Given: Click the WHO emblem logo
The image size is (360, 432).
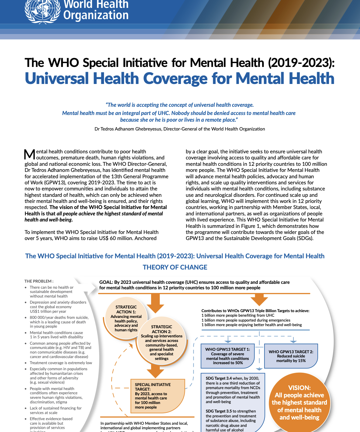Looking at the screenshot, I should coord(42,10).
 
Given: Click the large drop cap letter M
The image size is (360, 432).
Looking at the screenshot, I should coord(29,155).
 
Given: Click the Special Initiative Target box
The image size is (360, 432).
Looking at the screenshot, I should coord(157,396).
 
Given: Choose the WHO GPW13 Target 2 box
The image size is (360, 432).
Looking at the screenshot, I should coord(291,356).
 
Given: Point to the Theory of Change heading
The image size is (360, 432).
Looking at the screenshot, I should coord(175,267).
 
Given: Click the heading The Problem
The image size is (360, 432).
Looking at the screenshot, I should coord(39,281).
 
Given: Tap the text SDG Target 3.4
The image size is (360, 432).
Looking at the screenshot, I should coord(219,378).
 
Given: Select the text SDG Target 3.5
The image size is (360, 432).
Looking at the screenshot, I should coord(219,411).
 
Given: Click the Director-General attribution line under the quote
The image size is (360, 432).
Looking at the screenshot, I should coord(180,129).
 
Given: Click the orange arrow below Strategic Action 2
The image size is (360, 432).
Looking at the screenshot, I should coord(155,371).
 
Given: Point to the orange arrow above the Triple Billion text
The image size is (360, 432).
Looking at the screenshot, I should coord(259,300).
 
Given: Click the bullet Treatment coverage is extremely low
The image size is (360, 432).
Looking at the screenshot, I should coord(61,363).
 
